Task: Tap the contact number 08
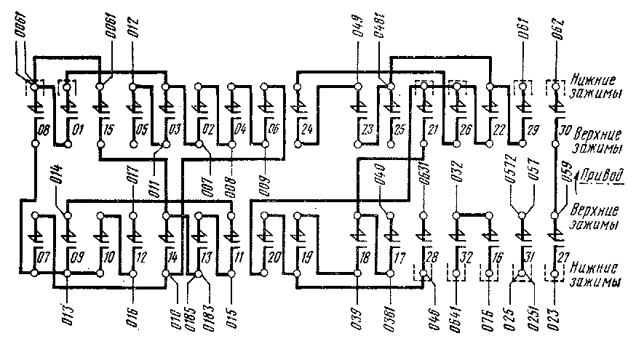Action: pyautogui.click(x=41, y=132)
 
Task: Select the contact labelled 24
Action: pyautogui.click(x=306, y=132)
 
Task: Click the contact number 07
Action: pyautogui.click(x=41, y=257)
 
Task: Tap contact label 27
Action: pyautogui.click(x=562, y=257)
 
